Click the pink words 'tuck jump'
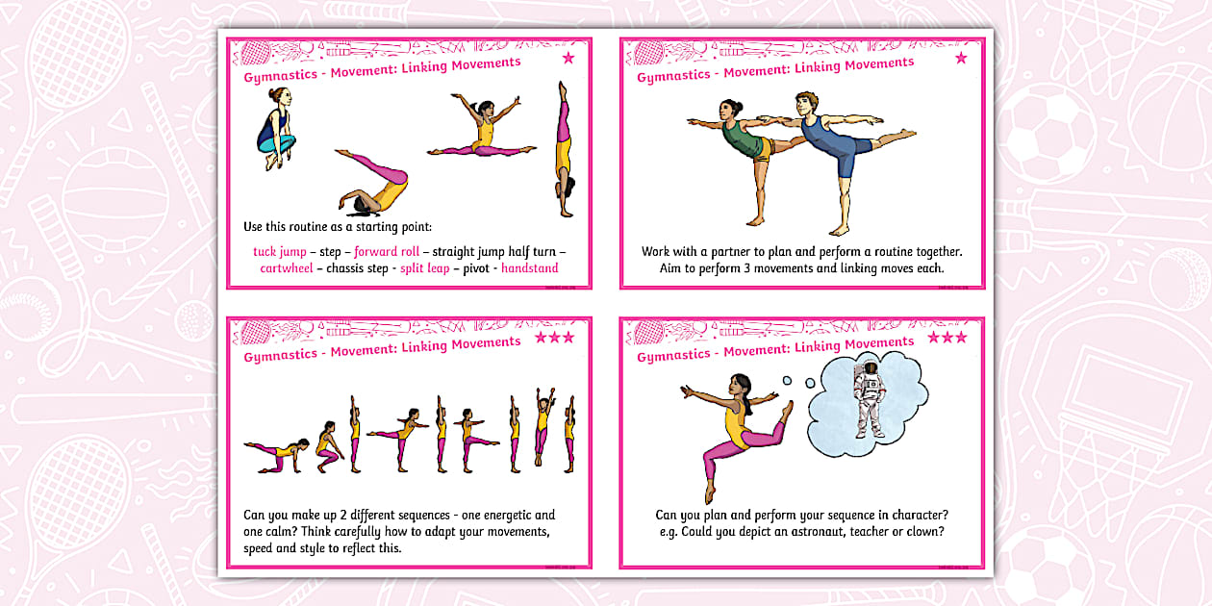(x=279, y=252)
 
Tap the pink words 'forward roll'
(x=387, y=252)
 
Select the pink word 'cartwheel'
(x=287, y=268)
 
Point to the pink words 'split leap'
(x=425, y=268)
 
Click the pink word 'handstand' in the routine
(x=529, y=268)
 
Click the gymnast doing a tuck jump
(x=276, y=130)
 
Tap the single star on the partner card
(x=960, y=59)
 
